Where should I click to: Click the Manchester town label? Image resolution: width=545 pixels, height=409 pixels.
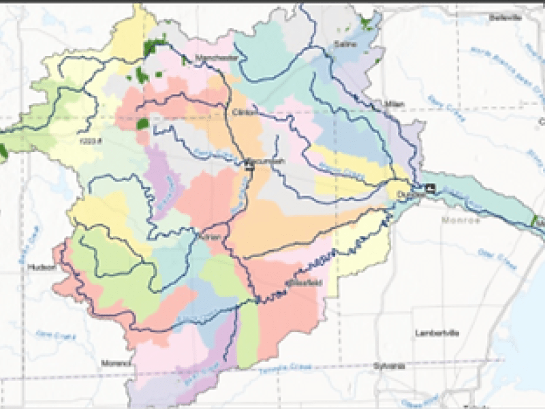(217, 59)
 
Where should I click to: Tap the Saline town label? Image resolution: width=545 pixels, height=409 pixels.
(341, 44)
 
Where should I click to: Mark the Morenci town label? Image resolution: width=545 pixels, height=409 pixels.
(114, 363)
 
